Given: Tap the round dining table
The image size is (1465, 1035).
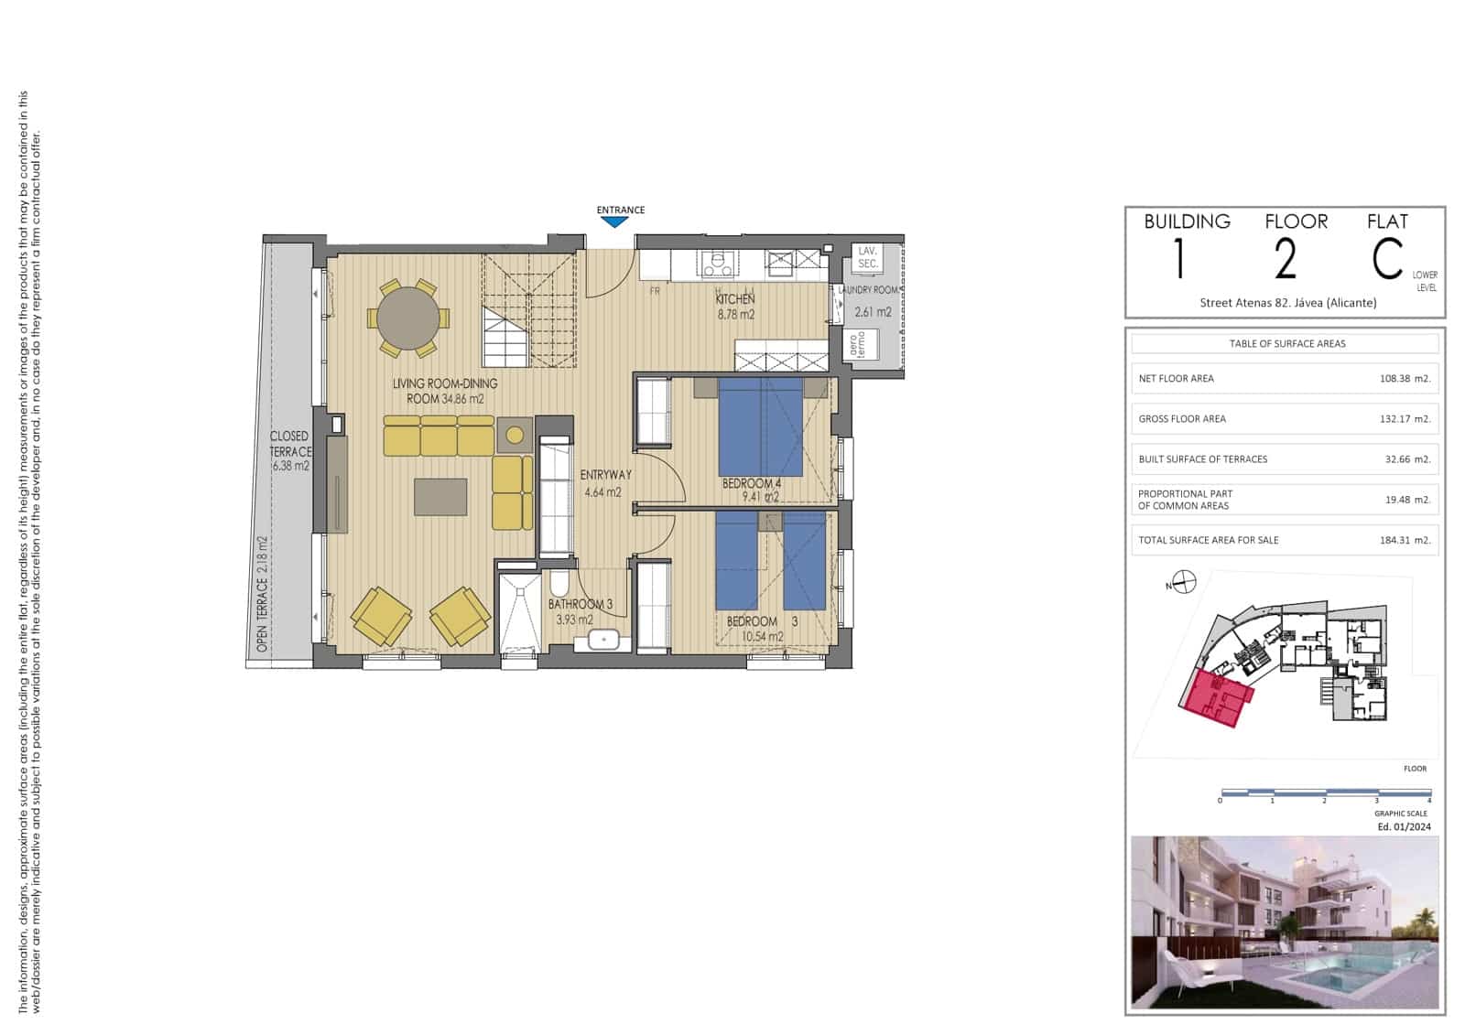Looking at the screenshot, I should (408, 318).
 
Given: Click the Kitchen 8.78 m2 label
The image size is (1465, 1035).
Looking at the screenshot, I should (735, 307).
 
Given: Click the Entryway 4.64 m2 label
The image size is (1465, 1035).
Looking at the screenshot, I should (605, 483).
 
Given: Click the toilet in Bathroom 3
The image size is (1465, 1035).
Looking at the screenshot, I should (560, 584).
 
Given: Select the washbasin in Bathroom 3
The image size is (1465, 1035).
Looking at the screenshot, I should (604, 640).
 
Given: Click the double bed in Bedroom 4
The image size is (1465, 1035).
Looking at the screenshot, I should (760, 427).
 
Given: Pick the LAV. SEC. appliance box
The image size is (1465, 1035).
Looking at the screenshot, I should (867, 257).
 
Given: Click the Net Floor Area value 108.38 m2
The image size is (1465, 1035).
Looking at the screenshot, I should (1404, 378).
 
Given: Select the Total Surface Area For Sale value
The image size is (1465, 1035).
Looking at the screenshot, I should (1404, 540).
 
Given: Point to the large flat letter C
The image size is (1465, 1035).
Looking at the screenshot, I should (1386, 259).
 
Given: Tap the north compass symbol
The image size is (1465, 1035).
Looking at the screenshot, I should (1185, 581).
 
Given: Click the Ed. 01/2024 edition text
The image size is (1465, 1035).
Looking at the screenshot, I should (1404, 826).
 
